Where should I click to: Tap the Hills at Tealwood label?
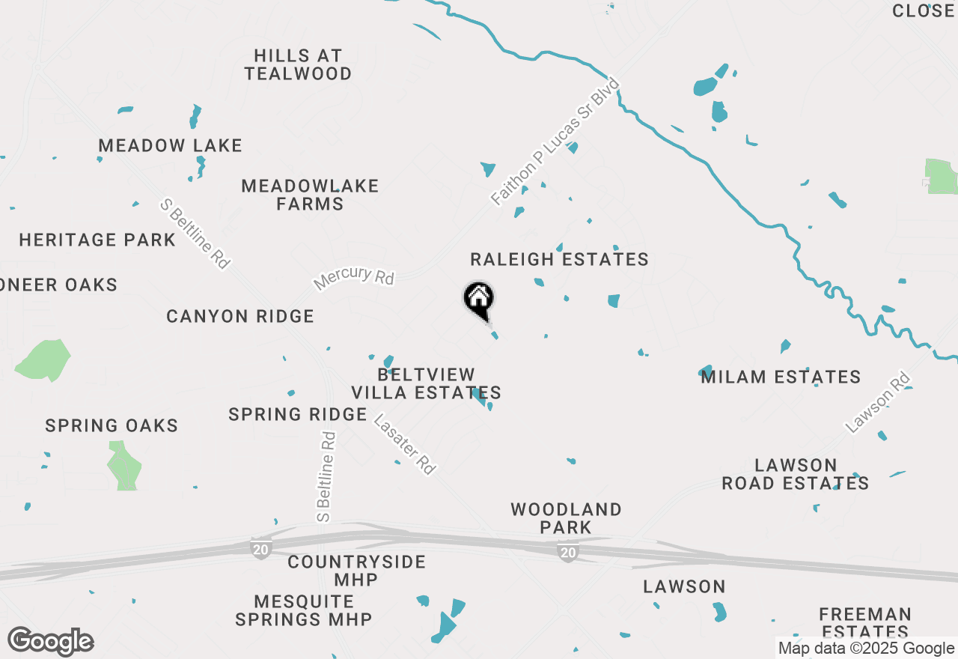pyautogui.click(x=298, y=65)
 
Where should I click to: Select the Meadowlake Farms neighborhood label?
pyautogui.click(x=310, y=195)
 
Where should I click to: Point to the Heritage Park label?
pyautogui.click(x=97, y=240)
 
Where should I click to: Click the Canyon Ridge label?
pyautogui.click(x=240, y=317)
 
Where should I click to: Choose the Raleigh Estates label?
pyautogui.click(x=559, y=260)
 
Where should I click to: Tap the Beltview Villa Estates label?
pyautogui.click(x=426, y=383)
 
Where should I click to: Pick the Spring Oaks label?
pyautogui.click(x=112, y=426)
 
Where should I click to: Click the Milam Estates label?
pyautogui.click(x=781, y=377)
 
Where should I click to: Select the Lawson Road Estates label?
pyautogui.click(x=795, y=474)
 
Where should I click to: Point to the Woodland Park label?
pyautogui.click(x=566, y=518)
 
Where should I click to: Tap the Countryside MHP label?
pyautogui.click(x=356, y=571)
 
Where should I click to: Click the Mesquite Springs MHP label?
pyautogui.click(x=304, y=610)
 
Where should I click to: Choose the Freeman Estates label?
pyautogui.click(x=864, y=623)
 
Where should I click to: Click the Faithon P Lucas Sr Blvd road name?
pyautogui.click(x=556, y=141)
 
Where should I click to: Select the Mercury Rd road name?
pyautogui.click(x=354, y=278)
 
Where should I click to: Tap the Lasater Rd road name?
pyautogui.click(x=405, y=444)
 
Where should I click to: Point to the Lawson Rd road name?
pyautogui.click(x=877, y=403)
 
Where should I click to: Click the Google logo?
pyautogui.click(x=50, y=642)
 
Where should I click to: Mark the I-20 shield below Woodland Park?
pyautogui.click(x=568, y=553)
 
